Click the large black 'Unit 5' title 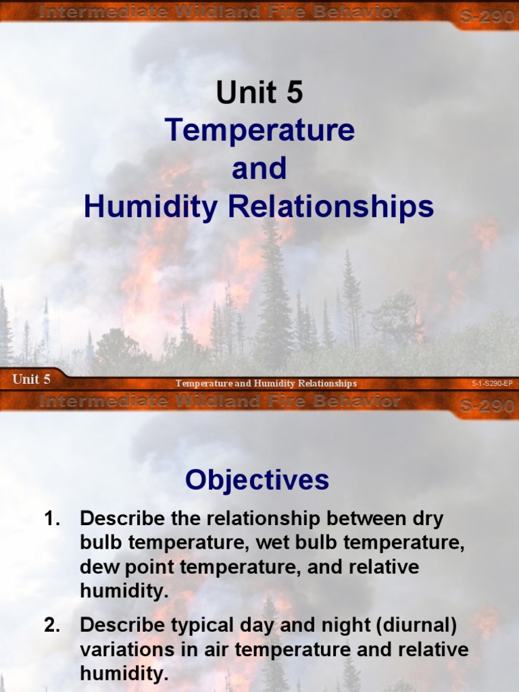[x=259, y=93]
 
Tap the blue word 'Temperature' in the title [x=259, y=130]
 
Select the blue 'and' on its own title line [x=259, y=169]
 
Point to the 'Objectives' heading [x=257, y=480]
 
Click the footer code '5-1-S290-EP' [x=492, y=384]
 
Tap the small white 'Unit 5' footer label [x=31, y=379]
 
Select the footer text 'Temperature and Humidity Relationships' [x=266, y=384]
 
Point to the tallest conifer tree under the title [x=273, y=291]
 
